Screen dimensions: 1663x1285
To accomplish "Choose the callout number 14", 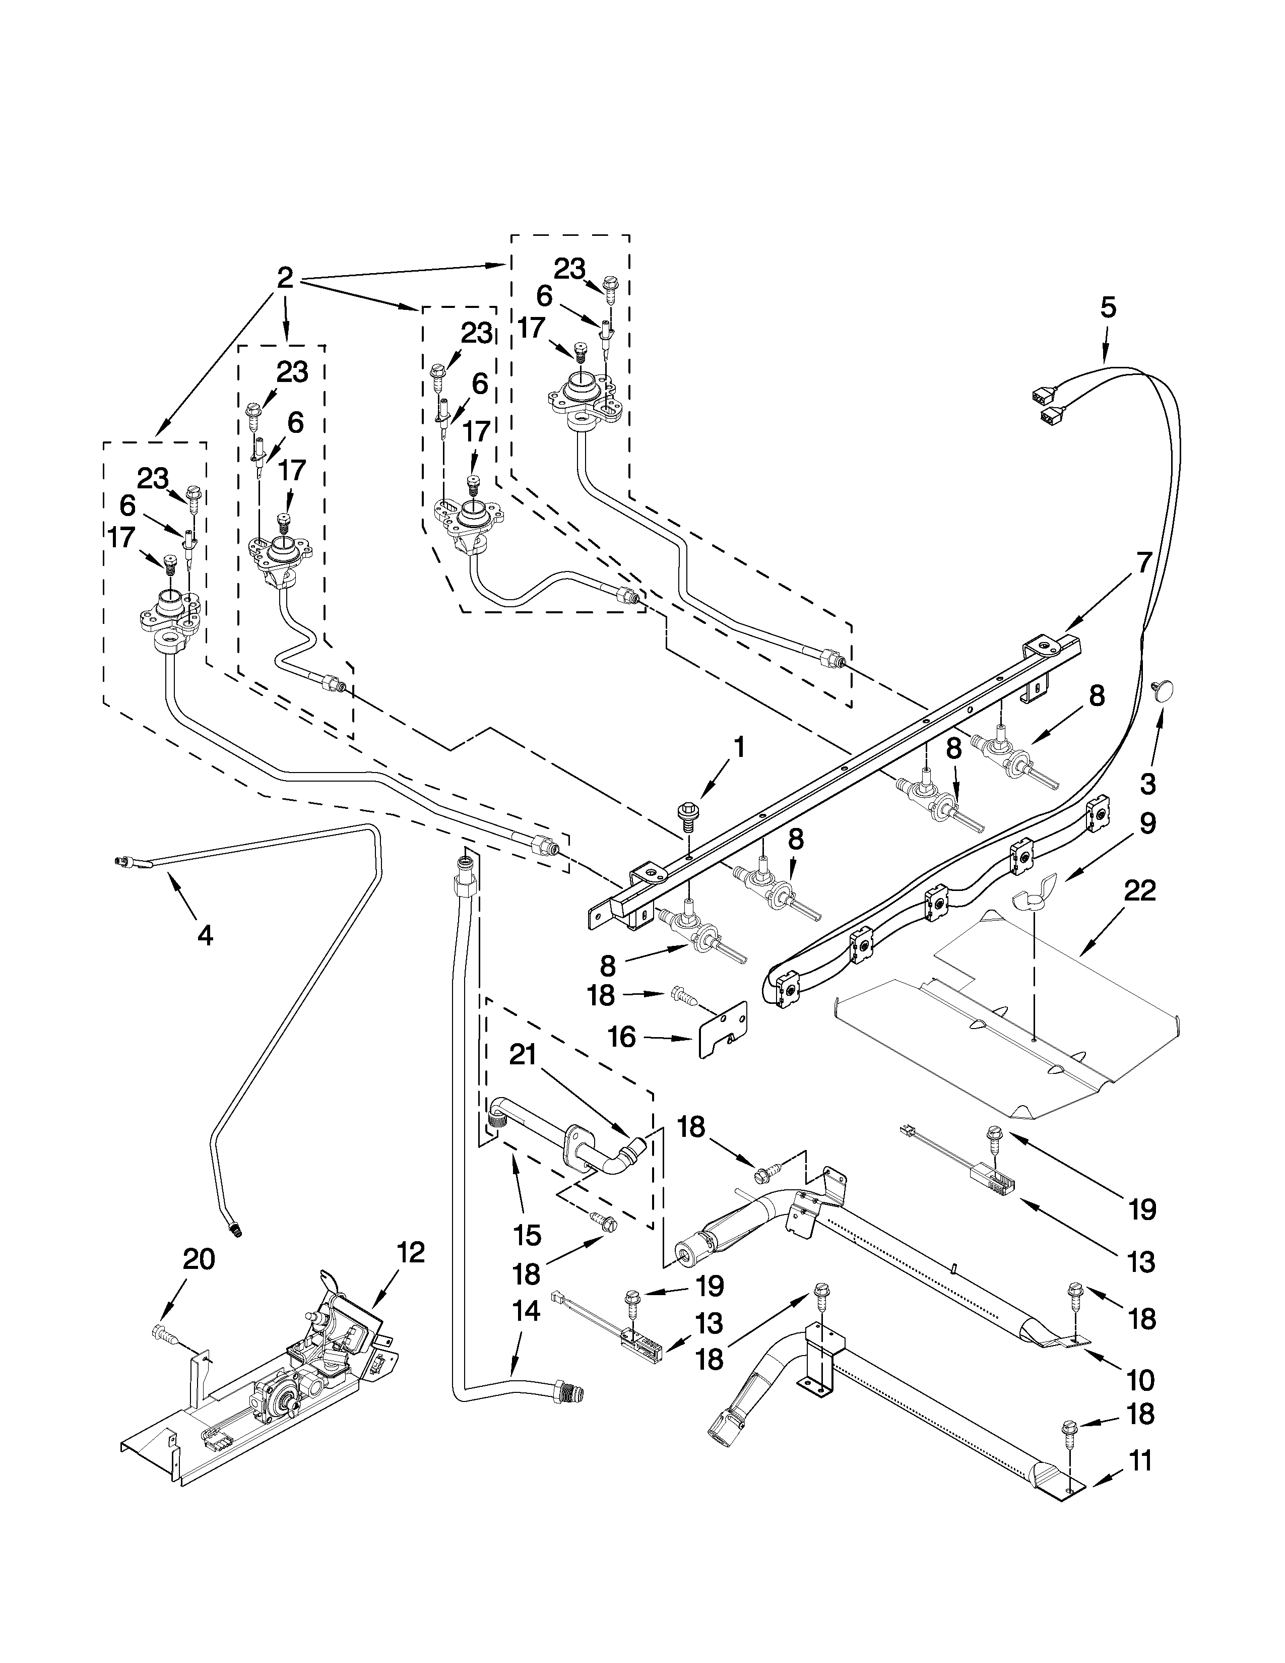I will [x=526, y=1311].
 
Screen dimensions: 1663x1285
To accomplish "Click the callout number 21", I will [x=524, y=1055].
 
